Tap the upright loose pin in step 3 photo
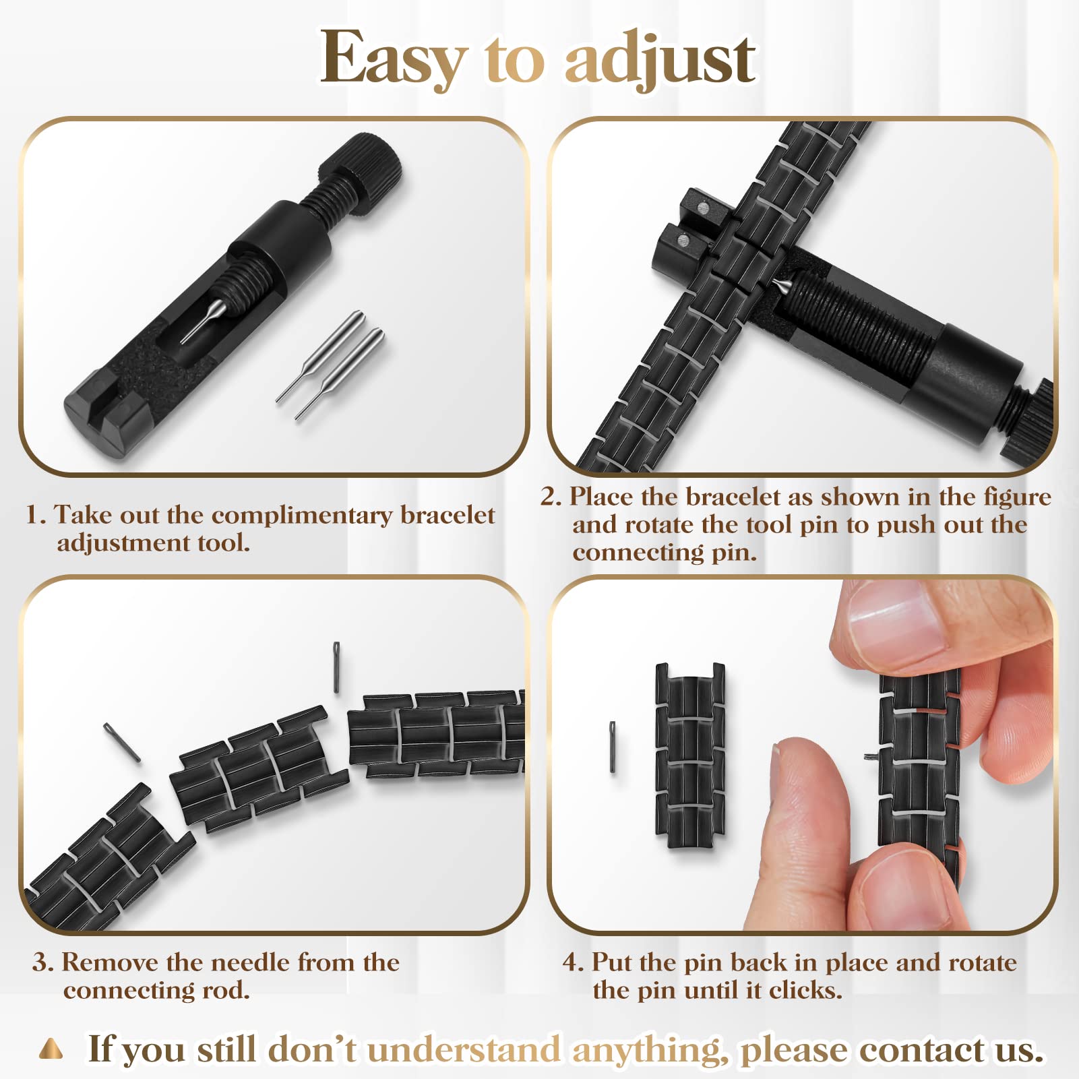coord(336,667)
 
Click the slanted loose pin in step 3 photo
coord(122,742)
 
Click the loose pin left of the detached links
coord(613,747)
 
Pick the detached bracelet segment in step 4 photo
coord(690,755)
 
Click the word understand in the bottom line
coord(464,1050)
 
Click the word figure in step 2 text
coord(1017,498)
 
